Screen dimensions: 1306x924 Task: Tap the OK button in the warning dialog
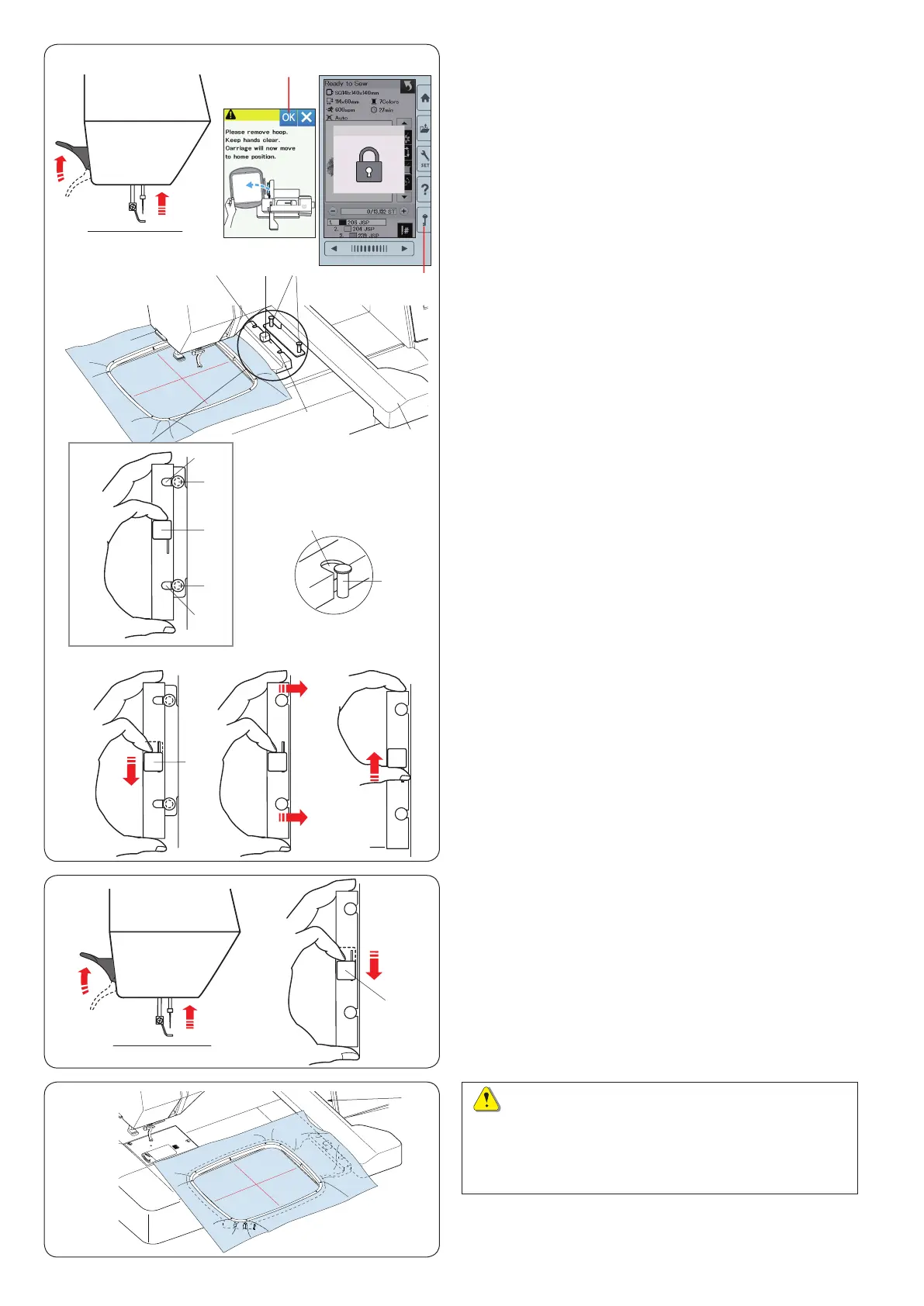[288, 117]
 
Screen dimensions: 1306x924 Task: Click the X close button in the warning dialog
[306, 117]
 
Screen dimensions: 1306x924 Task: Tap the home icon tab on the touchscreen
[424, 98]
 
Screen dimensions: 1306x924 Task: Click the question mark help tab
[424, 190]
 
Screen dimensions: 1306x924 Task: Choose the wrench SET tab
[424, 159]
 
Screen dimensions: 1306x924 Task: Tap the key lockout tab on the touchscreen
[424, 221]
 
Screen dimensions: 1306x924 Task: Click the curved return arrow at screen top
[407, 85]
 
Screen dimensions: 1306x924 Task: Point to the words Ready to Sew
[347, 84]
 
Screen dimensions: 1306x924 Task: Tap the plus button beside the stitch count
[403, 211]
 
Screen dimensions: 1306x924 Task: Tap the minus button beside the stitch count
[332, 211]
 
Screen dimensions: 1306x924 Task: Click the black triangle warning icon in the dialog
[230, 115]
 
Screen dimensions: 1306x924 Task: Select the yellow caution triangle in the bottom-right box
[486, 1100]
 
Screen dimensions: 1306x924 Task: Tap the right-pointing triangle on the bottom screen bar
[404, 249]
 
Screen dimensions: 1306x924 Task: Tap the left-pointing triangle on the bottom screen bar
[334, 249]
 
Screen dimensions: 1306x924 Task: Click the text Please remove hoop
[257, 132]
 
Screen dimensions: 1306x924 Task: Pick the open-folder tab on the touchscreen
[424, 130]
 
